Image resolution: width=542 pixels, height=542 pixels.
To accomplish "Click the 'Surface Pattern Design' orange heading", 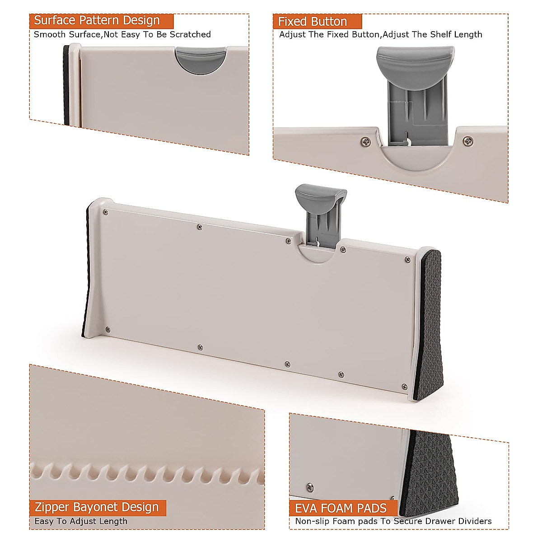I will pos(97,21).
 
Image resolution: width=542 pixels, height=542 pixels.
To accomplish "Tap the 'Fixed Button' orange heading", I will pos(313,22).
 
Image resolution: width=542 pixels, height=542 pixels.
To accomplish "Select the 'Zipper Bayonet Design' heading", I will pos(97,507).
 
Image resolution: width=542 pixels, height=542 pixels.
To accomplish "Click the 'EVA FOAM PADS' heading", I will pos(341,508).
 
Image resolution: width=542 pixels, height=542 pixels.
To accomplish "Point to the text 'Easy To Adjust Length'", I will pos(81,521).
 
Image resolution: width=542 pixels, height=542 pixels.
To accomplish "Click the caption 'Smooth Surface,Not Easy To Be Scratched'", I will pos(122,34).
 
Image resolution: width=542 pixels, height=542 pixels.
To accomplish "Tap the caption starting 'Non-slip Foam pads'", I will pos(393,521).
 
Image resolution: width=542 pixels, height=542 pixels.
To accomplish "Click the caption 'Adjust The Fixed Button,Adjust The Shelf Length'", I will pos(380,34).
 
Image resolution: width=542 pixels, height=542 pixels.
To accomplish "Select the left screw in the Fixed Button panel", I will pos(365,142).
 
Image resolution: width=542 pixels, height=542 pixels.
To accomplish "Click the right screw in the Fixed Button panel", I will pos(468,141).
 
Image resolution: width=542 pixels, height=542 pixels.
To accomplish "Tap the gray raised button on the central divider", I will pos(321,195).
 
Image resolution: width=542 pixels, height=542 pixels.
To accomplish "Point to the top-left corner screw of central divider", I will pos(105,212).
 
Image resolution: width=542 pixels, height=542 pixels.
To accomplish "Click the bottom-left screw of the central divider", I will pos(107,330).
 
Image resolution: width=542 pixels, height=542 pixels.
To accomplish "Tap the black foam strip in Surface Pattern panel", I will pos(66,86).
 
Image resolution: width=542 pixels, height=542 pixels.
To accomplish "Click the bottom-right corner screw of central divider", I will pos(404,386).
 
